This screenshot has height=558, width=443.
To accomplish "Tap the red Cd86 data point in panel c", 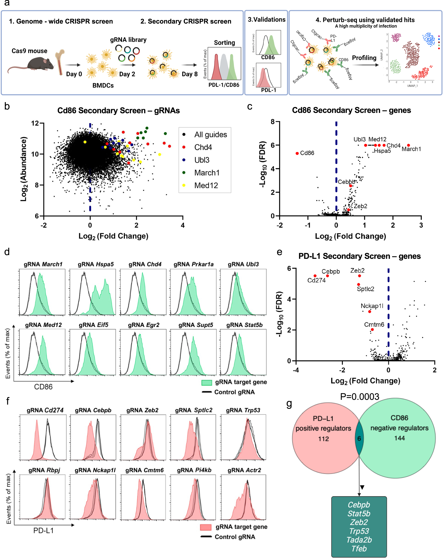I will click(297, 153).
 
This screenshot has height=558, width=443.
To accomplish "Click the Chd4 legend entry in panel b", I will click(203, 147).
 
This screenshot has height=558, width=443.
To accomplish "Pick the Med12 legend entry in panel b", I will click(206, 185).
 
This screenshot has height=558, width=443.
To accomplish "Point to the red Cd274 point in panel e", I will click(315, 276).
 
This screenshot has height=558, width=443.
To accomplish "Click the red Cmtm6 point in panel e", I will click(372, 329).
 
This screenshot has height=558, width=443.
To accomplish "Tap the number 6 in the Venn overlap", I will click(359, 438).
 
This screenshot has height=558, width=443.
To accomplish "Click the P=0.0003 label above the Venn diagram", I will click(359, 396).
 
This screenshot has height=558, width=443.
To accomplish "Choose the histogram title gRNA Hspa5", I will click(96, 264).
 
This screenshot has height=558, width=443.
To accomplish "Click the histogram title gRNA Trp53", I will click(243, 410).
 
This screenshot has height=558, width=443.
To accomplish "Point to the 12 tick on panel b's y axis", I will click(35, 123).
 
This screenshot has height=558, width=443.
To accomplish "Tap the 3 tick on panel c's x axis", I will click(421, 225).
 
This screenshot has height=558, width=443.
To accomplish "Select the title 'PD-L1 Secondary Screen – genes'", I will click(359, 256).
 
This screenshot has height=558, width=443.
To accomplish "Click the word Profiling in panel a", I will click(364, 58).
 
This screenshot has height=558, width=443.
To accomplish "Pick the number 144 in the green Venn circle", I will click(399, 438).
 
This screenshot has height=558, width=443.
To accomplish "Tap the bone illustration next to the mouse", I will click(60, 62).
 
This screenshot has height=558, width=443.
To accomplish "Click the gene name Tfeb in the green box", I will click(359, 548).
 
